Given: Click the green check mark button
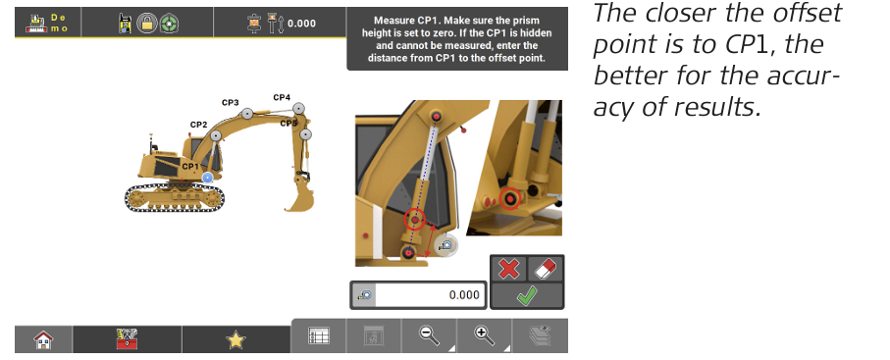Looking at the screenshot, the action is pyautogui.click(x=527, y=295).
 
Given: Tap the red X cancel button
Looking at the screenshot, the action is pyautogui.click(x=508, y=269).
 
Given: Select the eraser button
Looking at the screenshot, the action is pyautogui.click(x=545, y=269).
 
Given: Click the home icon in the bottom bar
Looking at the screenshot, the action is pyautogui.click(x=44, y=339).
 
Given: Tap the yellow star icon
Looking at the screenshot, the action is pyautogui.click(x=236, y=339).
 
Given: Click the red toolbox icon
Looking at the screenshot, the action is pyautogui.click(x=128, y=339).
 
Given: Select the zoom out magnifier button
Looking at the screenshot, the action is pyautogui.click(x=429, y=335).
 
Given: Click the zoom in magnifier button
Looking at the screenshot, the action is pyautogui.click(x=484, y=335).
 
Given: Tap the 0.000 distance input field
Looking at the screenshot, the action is pyautogui.click(x=430, y=295).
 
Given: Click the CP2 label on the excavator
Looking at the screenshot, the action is pyautogui.click(x=198, y=125).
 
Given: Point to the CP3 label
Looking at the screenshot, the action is pyautogui.click(x=230, y=103).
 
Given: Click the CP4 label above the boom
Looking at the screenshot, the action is pyautogui.click(x=282, y=98).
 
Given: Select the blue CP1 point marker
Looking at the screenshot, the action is pyautogui.click(x=207, y=178).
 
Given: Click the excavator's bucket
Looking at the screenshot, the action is pyautogui.click(x=300, y=197).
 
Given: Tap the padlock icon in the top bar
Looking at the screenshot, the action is pyautogui.click(x=148, y=24).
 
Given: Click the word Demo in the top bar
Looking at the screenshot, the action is pyautogui.click(x=59, y=23).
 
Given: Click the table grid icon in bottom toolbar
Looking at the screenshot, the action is pyautogui.click(x=319, y=335).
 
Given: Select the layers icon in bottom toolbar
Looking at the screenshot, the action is pyautogui.click(x=540, y=335).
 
